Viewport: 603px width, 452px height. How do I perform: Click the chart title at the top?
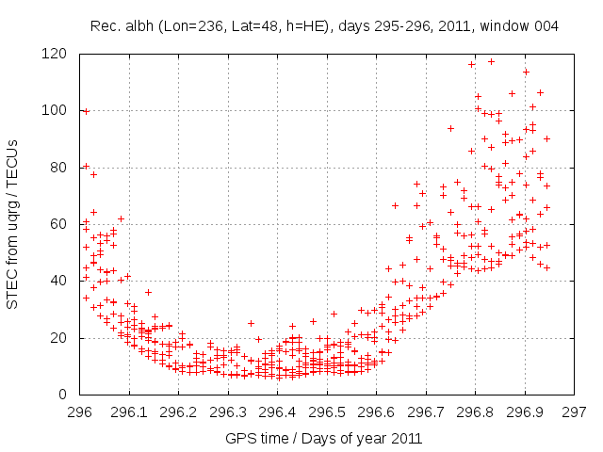click(x=324, y=26)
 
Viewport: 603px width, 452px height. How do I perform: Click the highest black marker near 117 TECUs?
click(x=491, y=61)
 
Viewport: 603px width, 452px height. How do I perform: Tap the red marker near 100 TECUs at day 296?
click(x=86, y=111)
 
